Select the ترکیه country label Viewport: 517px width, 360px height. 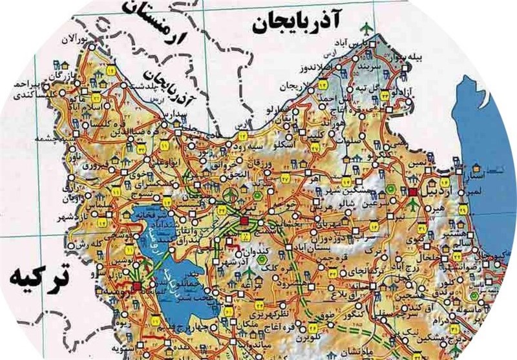[39, 280]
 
